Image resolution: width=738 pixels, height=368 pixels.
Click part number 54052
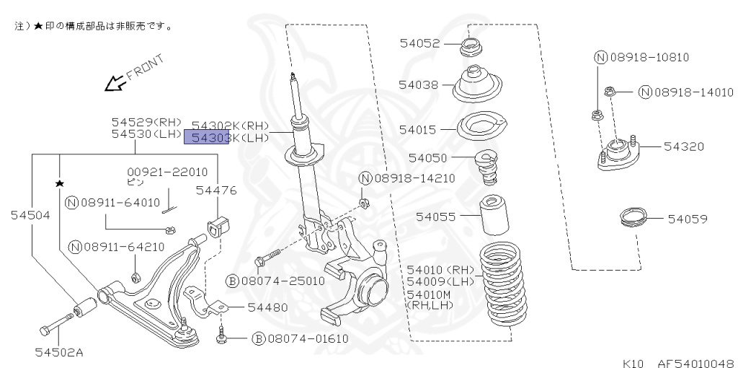(419, 43)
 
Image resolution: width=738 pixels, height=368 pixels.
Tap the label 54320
(684, 146)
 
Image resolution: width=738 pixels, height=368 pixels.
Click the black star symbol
(59, 184)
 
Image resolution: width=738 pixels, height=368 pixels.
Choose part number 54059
(687, 218)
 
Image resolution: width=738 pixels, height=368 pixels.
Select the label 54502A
(59, 353)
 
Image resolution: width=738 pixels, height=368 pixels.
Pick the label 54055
(435, 215)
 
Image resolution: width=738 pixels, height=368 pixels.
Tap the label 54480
(267, 307)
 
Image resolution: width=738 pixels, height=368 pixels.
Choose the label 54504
(30, 214)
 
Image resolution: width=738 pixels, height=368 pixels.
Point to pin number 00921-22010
(167, 172)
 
